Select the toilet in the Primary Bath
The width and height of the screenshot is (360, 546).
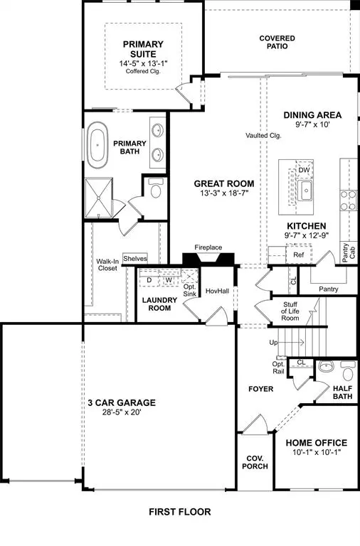click(x=156, y=189)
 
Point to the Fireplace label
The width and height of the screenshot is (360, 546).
click(x=208, y=247)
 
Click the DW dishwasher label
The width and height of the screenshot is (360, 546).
click(x=305, y=171)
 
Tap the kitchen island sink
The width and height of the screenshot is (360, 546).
click(x=307, y=190)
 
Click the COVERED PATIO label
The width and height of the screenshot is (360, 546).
click(x=277, y=42)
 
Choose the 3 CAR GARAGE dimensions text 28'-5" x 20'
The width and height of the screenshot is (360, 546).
click(x=122, y=413)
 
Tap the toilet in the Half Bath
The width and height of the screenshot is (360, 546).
click(x=348, y=370)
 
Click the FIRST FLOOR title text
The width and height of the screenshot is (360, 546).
click(x=179, y=511)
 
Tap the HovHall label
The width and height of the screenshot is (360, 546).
click(x=216, y=291)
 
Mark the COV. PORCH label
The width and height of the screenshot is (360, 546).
click(x=255, y=464)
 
